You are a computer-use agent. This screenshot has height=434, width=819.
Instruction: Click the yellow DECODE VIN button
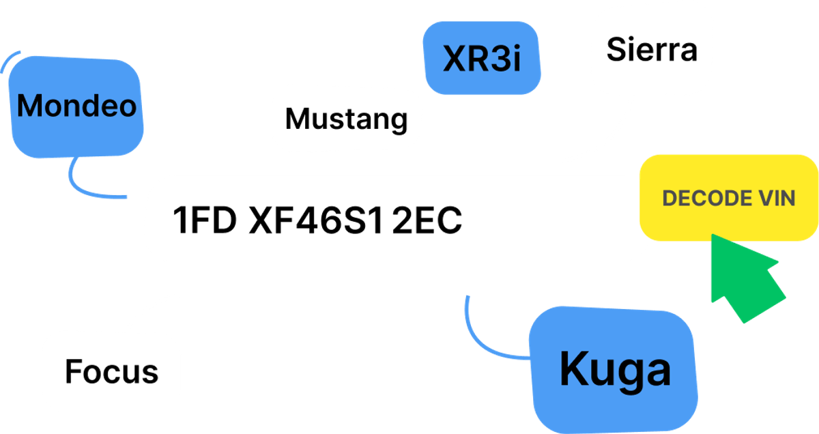pos(729,198)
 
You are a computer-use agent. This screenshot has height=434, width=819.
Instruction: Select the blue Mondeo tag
pos(76,105)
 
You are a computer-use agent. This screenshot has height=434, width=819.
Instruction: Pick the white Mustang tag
pos(347,119)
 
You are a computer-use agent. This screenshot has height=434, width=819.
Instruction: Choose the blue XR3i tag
pos(482,59)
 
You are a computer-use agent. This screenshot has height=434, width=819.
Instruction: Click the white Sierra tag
pos(652,50)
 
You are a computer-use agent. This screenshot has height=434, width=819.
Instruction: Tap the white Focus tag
pos(111,371)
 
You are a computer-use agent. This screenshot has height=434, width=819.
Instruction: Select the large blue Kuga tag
pos(615,370)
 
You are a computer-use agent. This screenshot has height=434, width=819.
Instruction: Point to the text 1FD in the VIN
pos(204,220)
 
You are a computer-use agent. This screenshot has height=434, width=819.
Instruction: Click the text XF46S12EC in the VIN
pos(356,220)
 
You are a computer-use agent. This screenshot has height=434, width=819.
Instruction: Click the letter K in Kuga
pos(573,368)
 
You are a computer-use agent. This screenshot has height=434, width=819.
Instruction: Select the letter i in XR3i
pos(516,59)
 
